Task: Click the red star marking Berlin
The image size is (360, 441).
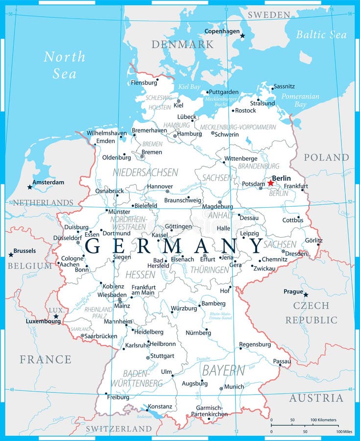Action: tap(270, 183)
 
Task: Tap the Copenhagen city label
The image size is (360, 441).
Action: tap(222, 31)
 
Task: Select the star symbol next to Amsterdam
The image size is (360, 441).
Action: tap(30, 187)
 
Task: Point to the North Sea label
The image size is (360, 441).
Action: tap(64, 65)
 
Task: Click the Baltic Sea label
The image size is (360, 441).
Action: tap(321, 34)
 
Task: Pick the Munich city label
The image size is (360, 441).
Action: tap(234, 387)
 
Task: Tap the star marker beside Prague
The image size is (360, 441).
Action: tap(306, 294)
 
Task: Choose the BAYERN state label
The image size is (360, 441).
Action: tap(224, 370)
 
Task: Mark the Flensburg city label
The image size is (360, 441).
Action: tap(144, 83)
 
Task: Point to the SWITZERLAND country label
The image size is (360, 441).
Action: tap(119, 429)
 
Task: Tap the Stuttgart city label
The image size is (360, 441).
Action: tap(162, 356)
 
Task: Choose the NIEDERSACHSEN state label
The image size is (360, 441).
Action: tap(145, 172)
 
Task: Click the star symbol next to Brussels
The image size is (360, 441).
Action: tap(11, 254)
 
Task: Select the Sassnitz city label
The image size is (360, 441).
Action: tap(284, 86)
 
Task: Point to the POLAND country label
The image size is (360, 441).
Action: tap(326, 157)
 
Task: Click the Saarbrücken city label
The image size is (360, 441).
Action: tap(101, 336)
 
